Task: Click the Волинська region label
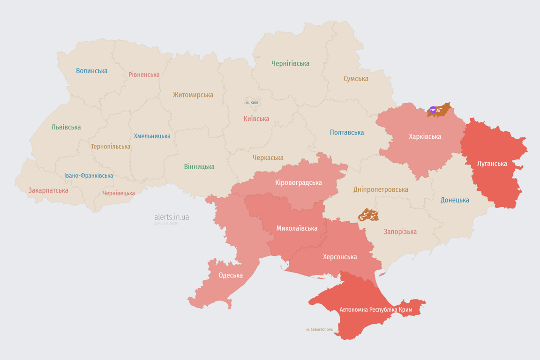pyautogui.click(x=92, y=71)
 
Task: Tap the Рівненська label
pyautogui.click(x=144, y=75)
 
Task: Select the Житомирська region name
pyautogui.click(x=193, y=95)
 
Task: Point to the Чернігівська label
pyautogui.click(x=290, y=63)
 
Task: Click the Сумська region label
pyautogui.click(x=356, y=79)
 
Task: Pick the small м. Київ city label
pyautogui.click(x=252, y=102)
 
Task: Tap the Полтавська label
pyautogui.click(x=347, y=132)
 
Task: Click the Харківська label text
pyautogui.click(x=425, y=136)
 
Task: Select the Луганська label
pyautogui.click(x=492, y=164)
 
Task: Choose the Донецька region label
pyautogui.click(x=455, y=200)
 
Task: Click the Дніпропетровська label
pyautogui.click(x=381, y=189)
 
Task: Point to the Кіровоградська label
pyautogui.click(x=299, y=182)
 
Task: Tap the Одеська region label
pyautogui.click(x=231, y=275)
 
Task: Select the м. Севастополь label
pyautogui.click(x=319, y=330)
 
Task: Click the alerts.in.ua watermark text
pyautogui.click(x=172, y=217)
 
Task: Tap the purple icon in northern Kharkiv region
pyautogui.click(x=433, y=110)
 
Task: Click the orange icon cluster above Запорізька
pyautogui.click(x=368, y=216)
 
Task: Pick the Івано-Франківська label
pyautogui.click(x=89, y=176)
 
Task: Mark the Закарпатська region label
pyautogui.click(x=48, y=190)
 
